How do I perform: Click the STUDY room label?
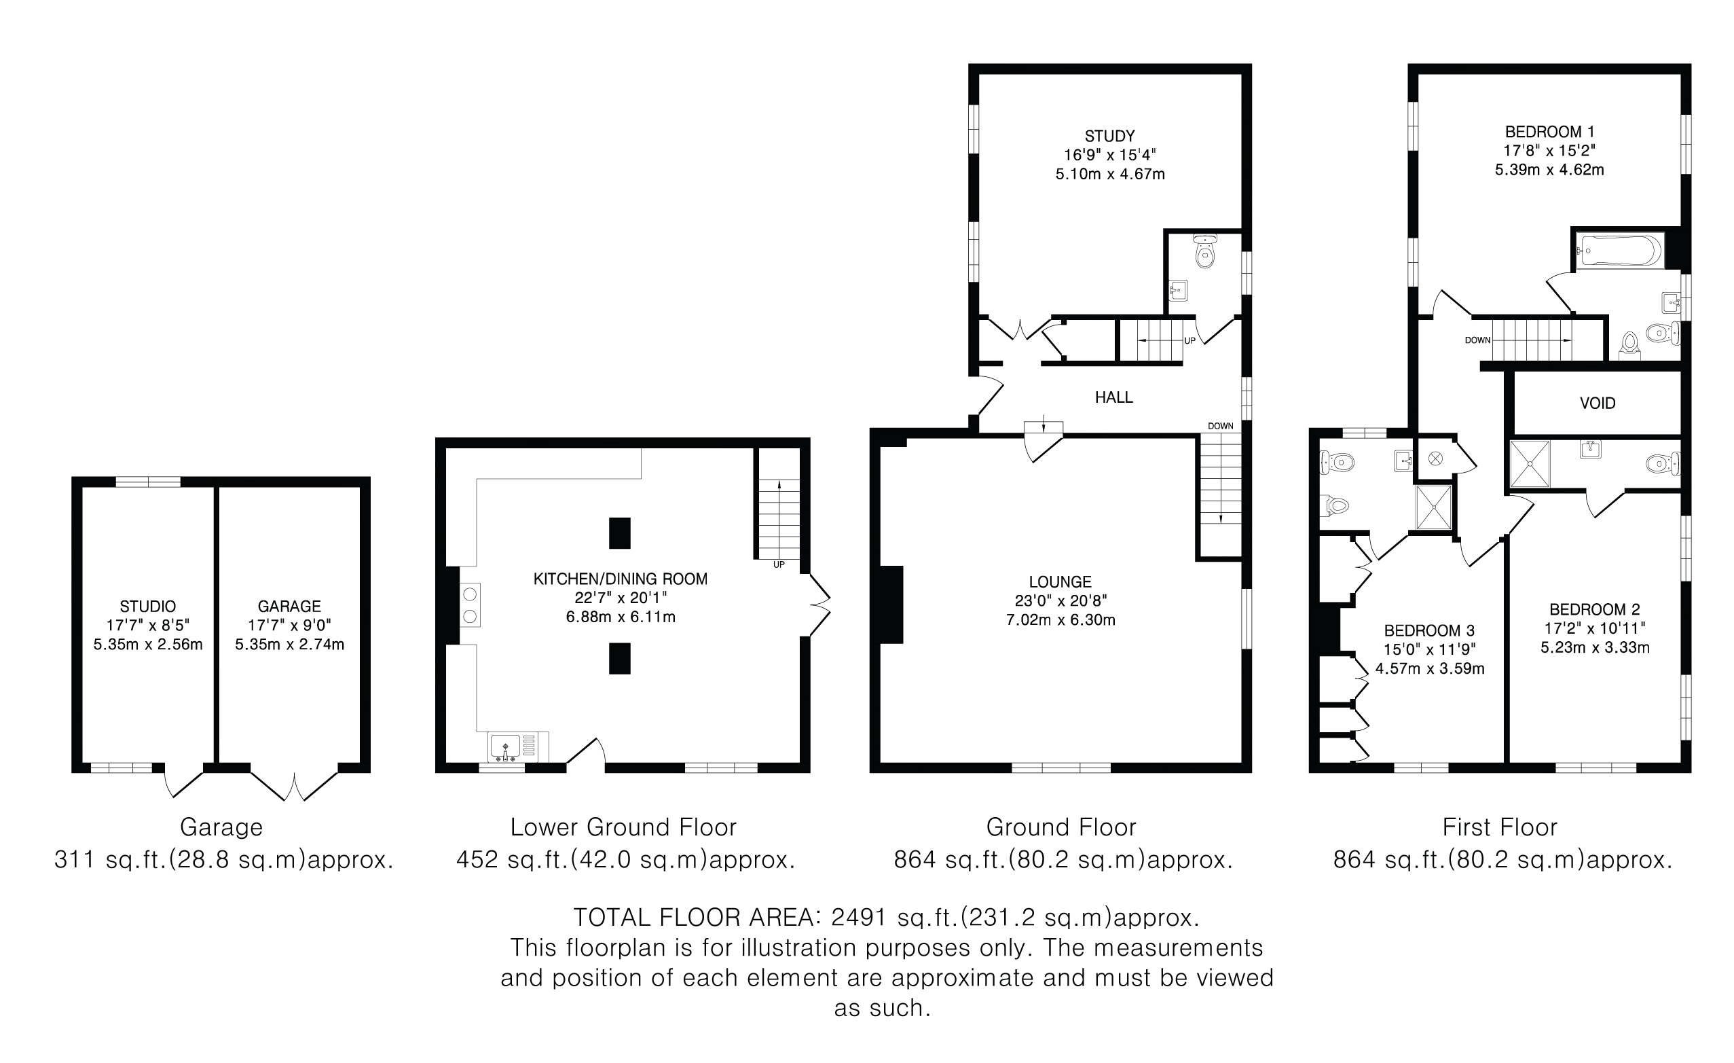point(1110,136)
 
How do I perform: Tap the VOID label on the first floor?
point(1598,403)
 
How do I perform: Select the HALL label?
point(1114,398)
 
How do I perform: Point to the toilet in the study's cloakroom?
point(1206,251)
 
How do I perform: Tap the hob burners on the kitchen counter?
point(470,605)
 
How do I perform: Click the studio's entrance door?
point(183,781)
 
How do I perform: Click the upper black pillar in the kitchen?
point(619,533)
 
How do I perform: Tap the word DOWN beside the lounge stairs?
point(1220,426)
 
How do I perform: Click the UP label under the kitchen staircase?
point(778,564)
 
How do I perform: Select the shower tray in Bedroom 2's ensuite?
point(1530,463)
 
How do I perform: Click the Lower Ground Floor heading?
point(623,827)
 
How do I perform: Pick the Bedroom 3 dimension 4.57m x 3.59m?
point(1430,669)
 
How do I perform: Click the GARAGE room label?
point(289,606)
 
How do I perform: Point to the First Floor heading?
point(1500,827)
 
